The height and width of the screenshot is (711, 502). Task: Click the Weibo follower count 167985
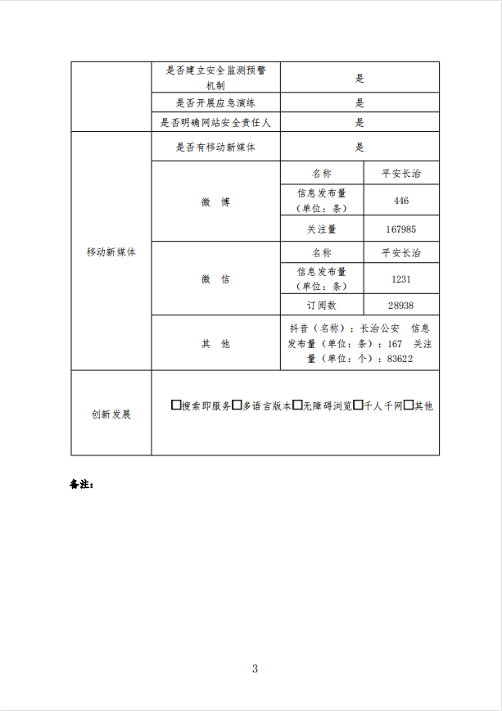pos(400,229)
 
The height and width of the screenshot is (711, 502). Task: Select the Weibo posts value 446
pos(400,201)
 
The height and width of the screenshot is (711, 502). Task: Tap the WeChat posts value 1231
pos(400,279)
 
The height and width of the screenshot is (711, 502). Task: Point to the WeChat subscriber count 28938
pos(400,305)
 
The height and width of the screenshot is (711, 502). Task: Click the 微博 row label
pos(215,202)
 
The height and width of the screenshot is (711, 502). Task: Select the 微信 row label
pos(215,279)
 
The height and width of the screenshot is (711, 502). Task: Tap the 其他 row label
pos(215,344)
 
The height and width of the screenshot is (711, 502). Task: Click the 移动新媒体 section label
pos(111,252)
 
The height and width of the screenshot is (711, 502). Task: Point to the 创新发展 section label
pos(111,414)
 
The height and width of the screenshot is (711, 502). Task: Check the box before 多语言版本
pos(237,405)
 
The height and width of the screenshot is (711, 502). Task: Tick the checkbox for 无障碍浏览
pos(297,405)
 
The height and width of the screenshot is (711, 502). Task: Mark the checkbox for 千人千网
pos(358,405)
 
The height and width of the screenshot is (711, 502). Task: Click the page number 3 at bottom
pos(255,668)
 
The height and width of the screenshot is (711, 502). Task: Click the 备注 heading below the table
pos(82,484)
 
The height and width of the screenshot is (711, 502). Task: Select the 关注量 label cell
pos(321,229)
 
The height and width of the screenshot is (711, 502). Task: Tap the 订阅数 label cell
pos(321,305)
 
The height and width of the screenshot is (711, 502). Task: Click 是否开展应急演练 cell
pos(215,103)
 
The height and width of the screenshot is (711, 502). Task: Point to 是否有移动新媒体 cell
pos(215,147)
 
